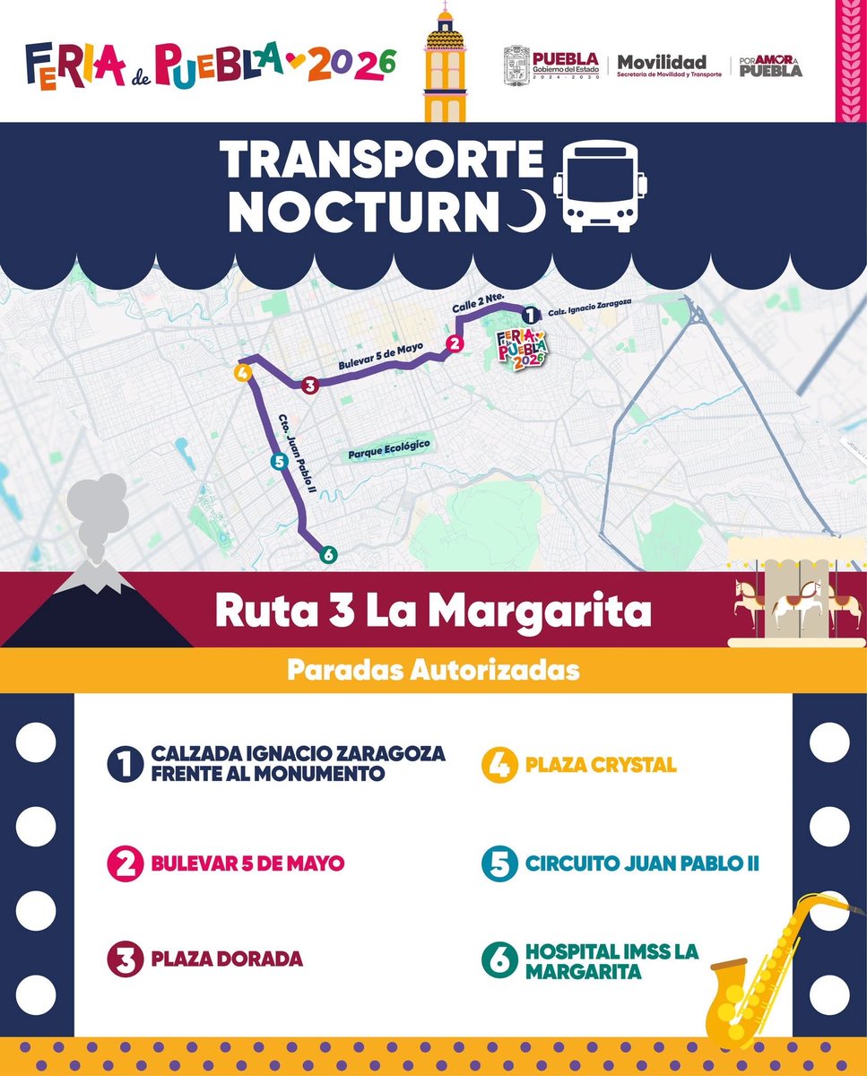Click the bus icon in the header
[x=601, y=187]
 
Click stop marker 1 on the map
[x=530, y=315]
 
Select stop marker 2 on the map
[x=455, y=343]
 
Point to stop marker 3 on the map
[x=309, y=386]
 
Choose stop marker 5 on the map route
[x=277, y=462]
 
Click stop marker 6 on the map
[x=328, y=555]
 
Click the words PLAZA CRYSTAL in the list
[x=601, y=766]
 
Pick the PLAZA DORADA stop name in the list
[x=227, y=959]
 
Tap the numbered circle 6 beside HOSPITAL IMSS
[x=499, y=960]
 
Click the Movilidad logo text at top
[x=662, y=63]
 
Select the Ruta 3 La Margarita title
[x=433, y=611]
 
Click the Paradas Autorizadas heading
[x=433, y=670]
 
